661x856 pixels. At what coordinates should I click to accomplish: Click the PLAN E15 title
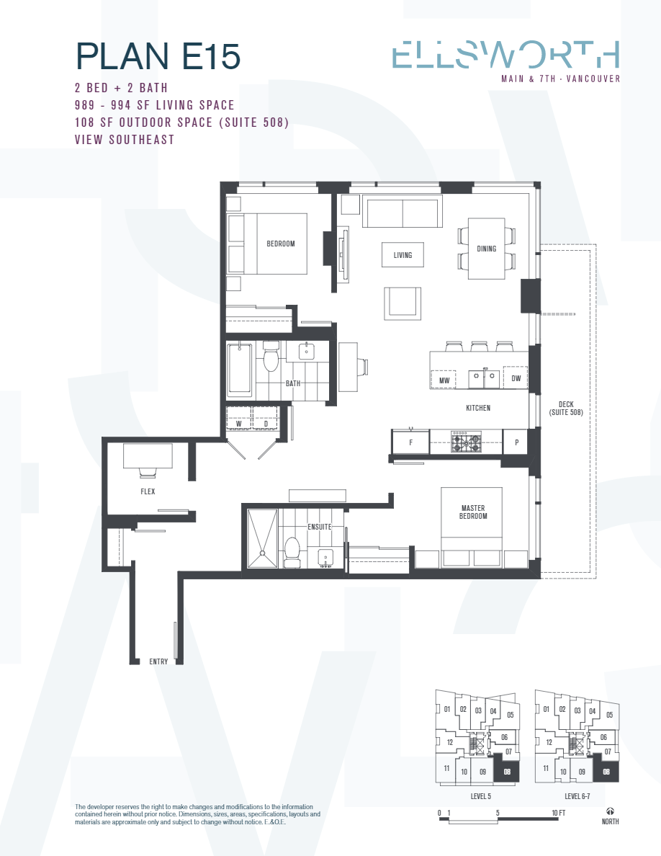click(157, 56)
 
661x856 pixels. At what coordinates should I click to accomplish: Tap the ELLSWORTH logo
click(505, 56)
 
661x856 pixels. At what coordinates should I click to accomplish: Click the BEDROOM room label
click(281, 244)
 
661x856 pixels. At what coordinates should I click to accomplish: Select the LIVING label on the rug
click(403, 255)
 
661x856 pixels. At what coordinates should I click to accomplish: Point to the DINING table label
click(486, 249)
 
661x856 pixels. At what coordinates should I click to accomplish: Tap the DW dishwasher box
click(516, 378)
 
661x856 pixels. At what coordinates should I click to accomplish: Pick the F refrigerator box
click(410, 442)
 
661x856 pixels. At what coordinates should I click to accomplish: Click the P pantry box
click(516, 442)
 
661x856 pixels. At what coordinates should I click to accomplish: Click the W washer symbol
click(239, 424)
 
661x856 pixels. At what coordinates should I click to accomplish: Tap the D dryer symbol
click(266, 424)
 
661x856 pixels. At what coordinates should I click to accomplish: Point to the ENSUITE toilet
click(292, 549)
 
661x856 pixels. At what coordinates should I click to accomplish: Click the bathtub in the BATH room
click(240, 370)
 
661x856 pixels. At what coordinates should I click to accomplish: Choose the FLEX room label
click(148, 492)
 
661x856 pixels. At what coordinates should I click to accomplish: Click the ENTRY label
click(158, 661)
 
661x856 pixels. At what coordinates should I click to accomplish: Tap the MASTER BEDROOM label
click(474, 512)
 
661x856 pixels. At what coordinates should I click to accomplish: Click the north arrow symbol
click(611, 811)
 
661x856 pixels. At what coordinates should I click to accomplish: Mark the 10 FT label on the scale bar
click(558, 813)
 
